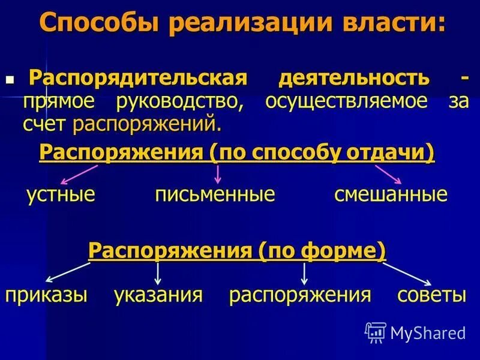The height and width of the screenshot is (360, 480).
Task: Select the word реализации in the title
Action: click(x=253, y=24)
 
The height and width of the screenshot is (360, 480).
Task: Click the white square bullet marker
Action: click(x=9, y=79)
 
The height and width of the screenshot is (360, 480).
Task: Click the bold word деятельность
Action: click(x=354, y=78)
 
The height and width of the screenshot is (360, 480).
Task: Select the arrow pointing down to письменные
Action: click(x=218, y=173)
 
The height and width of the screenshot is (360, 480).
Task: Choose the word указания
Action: click(x=158, y=295)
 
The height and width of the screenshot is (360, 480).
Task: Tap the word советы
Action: click(x=431, y=295)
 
